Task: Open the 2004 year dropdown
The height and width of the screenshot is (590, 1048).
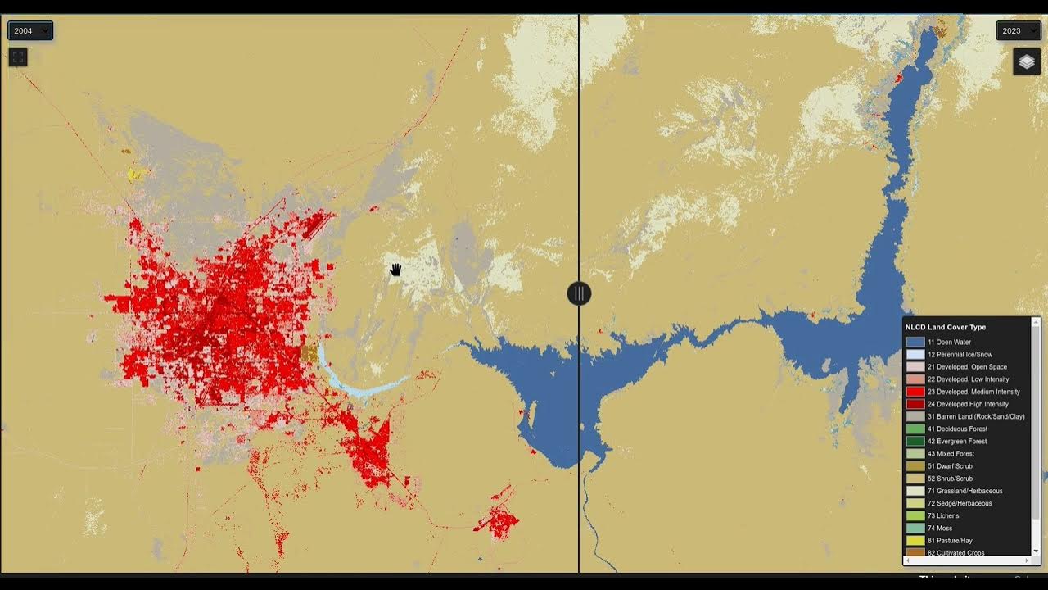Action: click(x=30, y=31)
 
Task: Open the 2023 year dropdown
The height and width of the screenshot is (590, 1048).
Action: click(x=1018, y=31)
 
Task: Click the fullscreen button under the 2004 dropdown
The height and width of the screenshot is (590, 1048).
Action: click(x=18, y=57)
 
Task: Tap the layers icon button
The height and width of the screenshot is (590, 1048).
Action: click(x=1027, y=61)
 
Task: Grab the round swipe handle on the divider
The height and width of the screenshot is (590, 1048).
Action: click(x=579, y=293)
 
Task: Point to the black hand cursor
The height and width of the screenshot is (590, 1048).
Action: click(x=395, y=270)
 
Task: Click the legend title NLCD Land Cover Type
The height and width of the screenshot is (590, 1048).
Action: click(x=945, y=327)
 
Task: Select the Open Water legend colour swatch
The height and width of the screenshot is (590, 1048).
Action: click(x=915, y=343)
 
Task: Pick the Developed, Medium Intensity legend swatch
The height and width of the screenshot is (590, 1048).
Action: click(x=915, y=392)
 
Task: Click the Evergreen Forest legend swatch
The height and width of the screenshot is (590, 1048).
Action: click(x=915, y=442)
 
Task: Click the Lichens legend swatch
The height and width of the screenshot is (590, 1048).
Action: click(x=915, y=516)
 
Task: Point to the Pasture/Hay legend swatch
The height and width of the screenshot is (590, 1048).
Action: click(x=915, y=541)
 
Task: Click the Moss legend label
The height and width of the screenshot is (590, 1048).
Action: click(x=944, y=529)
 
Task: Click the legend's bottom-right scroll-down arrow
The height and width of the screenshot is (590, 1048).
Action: click(x=1036, y=551)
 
